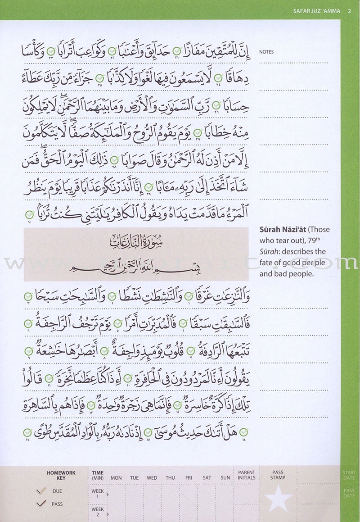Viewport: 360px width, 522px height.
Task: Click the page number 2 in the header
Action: [349, 11]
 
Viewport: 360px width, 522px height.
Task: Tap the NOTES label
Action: [266, 52]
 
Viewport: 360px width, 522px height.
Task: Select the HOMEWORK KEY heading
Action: [61, 476]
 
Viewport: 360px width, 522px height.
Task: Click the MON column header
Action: [116, 478]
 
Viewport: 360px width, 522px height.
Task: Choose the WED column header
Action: [152, 478]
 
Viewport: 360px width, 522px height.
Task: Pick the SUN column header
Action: [225, 478]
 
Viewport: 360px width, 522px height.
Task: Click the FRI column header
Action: [189, 478]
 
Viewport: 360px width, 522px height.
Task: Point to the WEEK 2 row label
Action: [98, 512]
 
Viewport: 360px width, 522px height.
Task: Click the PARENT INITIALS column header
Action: [247, 475]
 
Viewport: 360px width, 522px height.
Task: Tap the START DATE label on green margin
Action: [349, 475]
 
